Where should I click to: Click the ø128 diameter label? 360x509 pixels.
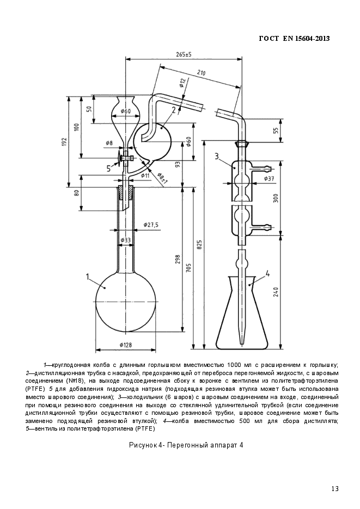pos(126,345)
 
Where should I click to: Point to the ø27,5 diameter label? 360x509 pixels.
pos(151,224)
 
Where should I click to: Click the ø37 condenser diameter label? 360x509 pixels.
pos(269,179)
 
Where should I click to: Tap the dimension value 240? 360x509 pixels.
pos(276,292)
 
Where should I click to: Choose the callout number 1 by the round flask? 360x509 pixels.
pos(88,277)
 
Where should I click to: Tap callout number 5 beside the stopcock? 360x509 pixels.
pos(108,168)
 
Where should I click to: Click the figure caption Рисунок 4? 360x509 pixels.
pos(186,445)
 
